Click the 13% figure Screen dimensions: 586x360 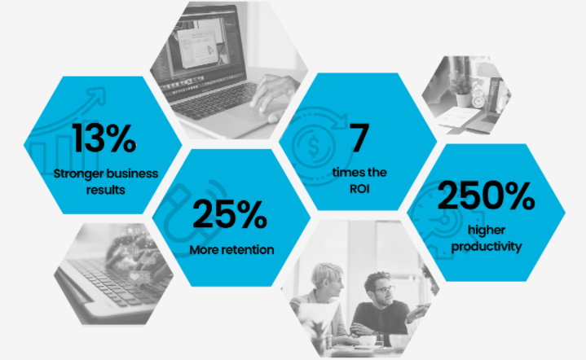[x=104, y=138]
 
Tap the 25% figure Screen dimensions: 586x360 [x=230, y=213]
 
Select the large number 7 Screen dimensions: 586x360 [x=359, y=138]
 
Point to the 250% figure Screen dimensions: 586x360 [x=486, y=195]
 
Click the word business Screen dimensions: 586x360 [x=130, y=173]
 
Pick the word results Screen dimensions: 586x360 [x=106, y=190]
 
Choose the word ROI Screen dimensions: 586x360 [x=359, y=189]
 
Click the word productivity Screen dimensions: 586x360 [x=487, y=247]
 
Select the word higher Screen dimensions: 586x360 [x=487, y=230]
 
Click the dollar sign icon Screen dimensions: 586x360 [x=314, y=146]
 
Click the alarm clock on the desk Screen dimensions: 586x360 [x=478, y=99]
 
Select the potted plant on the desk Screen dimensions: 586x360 [x=462, y=90]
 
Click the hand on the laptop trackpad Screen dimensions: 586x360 [x=274, y=96]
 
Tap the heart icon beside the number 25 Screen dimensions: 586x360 [x=134, y=276]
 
